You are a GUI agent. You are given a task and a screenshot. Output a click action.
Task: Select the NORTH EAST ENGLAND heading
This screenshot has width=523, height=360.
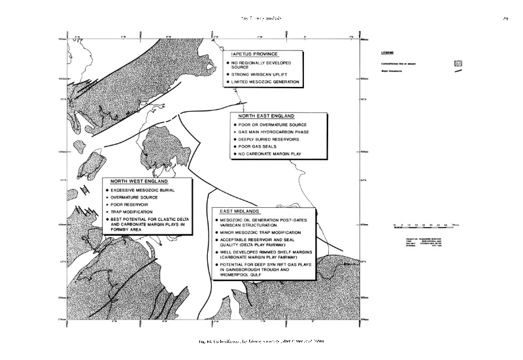(265, 116)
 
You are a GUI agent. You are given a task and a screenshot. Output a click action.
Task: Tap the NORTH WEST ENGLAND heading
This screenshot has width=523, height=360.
(139, 181)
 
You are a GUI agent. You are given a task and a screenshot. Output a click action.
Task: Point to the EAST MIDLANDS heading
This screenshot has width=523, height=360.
(241, 212)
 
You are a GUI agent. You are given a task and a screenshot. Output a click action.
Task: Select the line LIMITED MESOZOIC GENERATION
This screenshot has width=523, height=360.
(265, 82)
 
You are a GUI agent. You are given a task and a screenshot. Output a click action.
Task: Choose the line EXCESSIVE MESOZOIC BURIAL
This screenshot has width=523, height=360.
(143, 189)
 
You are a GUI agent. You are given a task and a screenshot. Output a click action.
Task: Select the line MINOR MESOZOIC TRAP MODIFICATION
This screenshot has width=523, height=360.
(261, 233)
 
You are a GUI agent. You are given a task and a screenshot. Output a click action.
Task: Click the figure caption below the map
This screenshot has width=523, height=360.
(261, 342)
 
